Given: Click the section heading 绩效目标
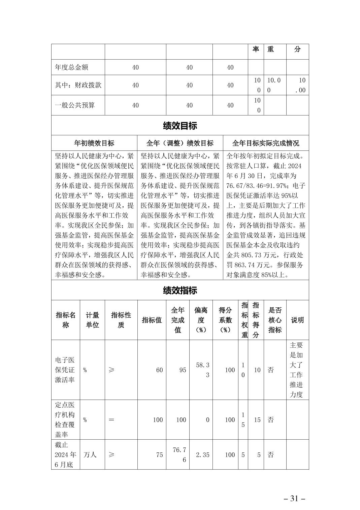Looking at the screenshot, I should pyautogui.click(x=180, y=126).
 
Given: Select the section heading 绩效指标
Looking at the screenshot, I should pyautogui.click(x=180, y=291).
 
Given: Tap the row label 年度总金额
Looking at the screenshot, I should pyautogui.click(x=71, y=67).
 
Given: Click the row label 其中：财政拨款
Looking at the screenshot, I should pyautogui.click(x=78, y=85).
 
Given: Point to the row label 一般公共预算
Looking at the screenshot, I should pyautogui.click(x=75, y=105).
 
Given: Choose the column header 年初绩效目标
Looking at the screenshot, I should pyautogui.click(x=94, y=143).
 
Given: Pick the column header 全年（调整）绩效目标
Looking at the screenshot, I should pyautogui.click(x=180, y=143).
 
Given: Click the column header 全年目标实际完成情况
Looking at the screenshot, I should pyautogui.click(x=266, y=143).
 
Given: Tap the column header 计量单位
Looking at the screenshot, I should pyautogui.click(x=92, y=320).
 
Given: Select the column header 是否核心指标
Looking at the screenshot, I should pyautogui.click(x=275, y=320).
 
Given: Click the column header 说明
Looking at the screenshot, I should pyautogui.click(x=297, y=320).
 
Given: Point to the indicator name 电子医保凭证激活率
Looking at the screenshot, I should pyautogui.click(x=65, y=370).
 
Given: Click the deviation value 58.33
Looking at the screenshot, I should pyautogui.click(x=203, y=370).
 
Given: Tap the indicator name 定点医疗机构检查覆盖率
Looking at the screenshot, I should pyautogui.click(x=65, y=420).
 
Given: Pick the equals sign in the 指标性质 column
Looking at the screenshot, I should pyautogui.click(x=111, y=420).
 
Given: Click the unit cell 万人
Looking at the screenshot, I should pyautogui.click(x=90, y=455).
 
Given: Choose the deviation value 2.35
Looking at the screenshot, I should pyautogui.click(x=202, y=455).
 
